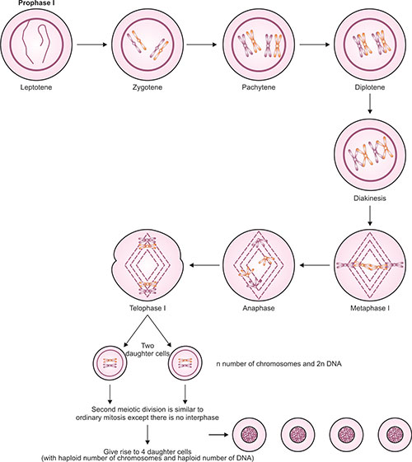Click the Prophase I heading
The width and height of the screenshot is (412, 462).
pyautogui.click(x=36, y=3)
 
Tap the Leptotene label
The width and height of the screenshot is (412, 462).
pyautogui.click(x=36, y=87)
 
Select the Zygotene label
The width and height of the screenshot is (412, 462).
pyautogui.click(x=147, y=87)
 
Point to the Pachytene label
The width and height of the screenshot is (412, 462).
pyautogui.click(x=259, y=87)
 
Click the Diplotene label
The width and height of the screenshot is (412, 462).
pyautogui.click(x=370, y=87)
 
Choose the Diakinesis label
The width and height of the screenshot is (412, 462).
pyautogui.click(x=370, y=198)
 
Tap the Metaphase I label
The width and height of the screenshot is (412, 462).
pyautogui.click(x=370, y=308)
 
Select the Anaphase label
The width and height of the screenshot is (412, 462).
pyautogui.click(x=259, y=308)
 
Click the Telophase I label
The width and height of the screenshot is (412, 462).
pyautogui.click(x=147, y=308)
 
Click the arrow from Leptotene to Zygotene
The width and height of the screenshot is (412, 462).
pyautogui.click(x=91, y=44)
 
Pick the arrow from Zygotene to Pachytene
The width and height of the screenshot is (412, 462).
pyautogui.click(x=202, y=44)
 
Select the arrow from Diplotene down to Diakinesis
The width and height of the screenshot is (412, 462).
pyautogui.click(x=370, y=104)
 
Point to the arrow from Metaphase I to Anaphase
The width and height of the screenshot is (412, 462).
pyautogui.click(x=315, y=265)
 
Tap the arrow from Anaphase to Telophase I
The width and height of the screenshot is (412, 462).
pyautogui.click(x=204, y=265)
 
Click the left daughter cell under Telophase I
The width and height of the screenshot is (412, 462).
pyautogui.click(x=110, y=362)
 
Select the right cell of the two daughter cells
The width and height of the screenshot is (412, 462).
pyautogui.click(x=185, y=362)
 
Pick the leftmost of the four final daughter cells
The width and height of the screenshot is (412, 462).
pyautogui.click(x=250, y=435)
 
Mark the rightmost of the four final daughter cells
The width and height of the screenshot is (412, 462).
pyautogui.click(x=395, y=435)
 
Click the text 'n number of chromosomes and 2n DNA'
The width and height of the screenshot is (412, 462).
pyautogui.click(x=279, y=364)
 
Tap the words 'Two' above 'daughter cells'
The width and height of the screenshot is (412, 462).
pyautogui.click(x=147, y=346)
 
